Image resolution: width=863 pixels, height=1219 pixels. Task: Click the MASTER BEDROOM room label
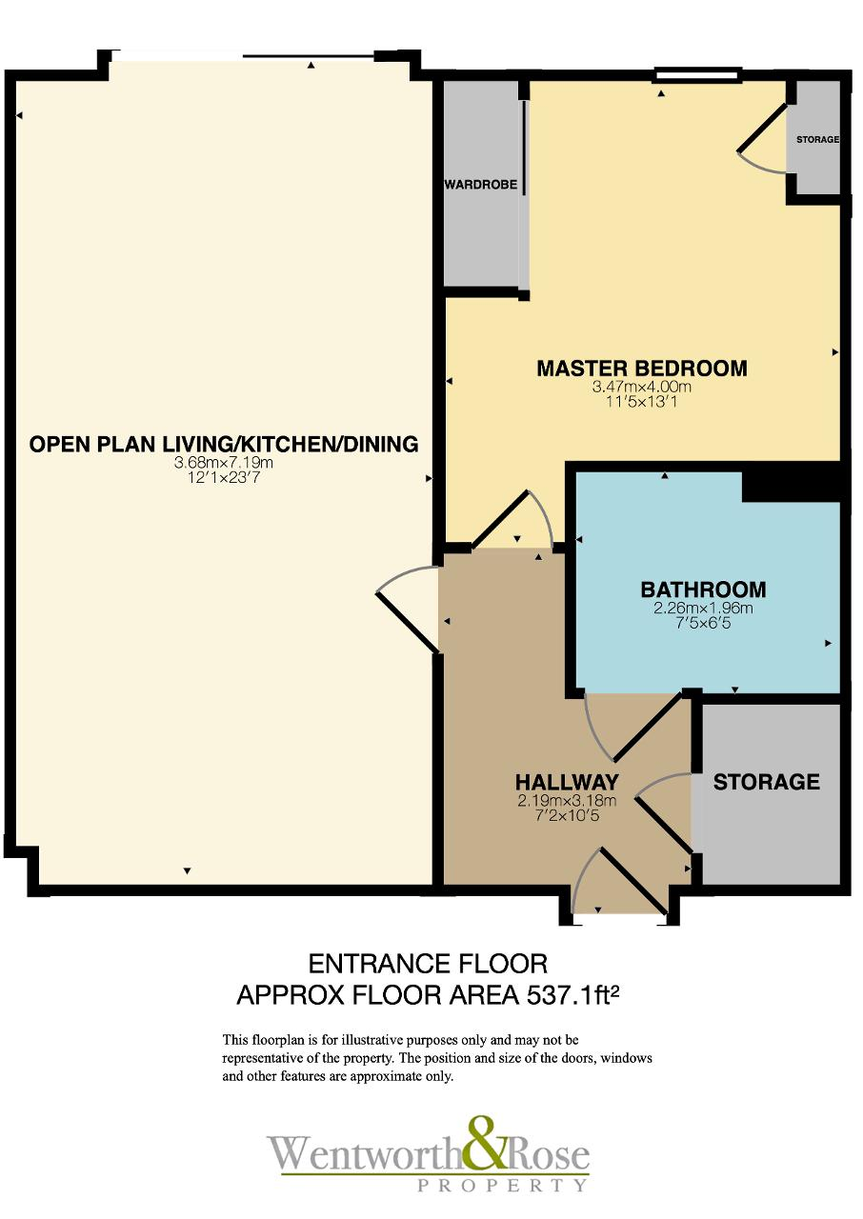(642, 369)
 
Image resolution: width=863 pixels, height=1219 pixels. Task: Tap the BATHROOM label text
(703, 590)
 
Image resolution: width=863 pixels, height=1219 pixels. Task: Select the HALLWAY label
(567, 782)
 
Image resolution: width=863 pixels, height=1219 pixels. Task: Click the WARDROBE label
(480, 185)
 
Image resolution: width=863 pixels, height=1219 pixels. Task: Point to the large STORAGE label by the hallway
(766, 782)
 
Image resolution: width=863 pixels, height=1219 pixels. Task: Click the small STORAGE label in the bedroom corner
(817, 140)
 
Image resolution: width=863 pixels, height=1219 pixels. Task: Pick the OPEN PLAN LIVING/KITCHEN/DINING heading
(224, 444)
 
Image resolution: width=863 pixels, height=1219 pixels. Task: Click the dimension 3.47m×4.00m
(642, 388)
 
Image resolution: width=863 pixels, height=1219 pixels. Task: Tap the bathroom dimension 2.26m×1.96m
(703, 608)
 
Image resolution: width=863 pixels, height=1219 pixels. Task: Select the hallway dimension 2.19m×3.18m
(567, 801)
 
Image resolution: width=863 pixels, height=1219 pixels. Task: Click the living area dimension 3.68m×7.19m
(223, 463)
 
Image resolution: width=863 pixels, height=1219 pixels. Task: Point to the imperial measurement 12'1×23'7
(223, 478)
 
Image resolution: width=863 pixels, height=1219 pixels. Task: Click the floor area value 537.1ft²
(573, 995)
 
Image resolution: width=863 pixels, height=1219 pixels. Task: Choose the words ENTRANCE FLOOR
(428, 965)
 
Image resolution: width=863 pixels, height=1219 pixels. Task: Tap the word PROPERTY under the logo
(502, 1185)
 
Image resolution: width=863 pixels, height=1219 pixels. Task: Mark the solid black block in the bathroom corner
(792, 486)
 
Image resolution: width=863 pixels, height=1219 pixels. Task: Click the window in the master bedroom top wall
(697, 75)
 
